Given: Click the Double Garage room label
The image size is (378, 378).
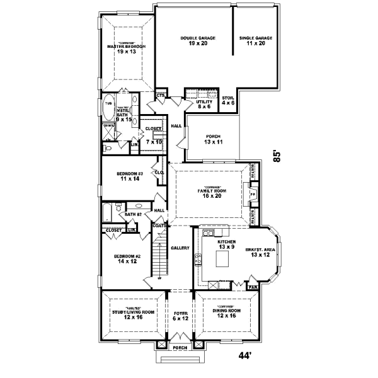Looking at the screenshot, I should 198,41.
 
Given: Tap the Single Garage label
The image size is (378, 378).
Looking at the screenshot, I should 256,41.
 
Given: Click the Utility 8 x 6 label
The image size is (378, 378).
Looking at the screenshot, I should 205,104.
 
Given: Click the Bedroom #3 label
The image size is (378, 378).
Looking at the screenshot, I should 128,176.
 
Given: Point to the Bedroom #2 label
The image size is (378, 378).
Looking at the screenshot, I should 127,259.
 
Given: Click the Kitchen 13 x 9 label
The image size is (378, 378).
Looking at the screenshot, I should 227,244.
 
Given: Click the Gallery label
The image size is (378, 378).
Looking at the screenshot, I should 180,248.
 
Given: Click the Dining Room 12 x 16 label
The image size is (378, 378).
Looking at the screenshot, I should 226,312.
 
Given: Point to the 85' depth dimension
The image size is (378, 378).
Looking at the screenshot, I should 277,155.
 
